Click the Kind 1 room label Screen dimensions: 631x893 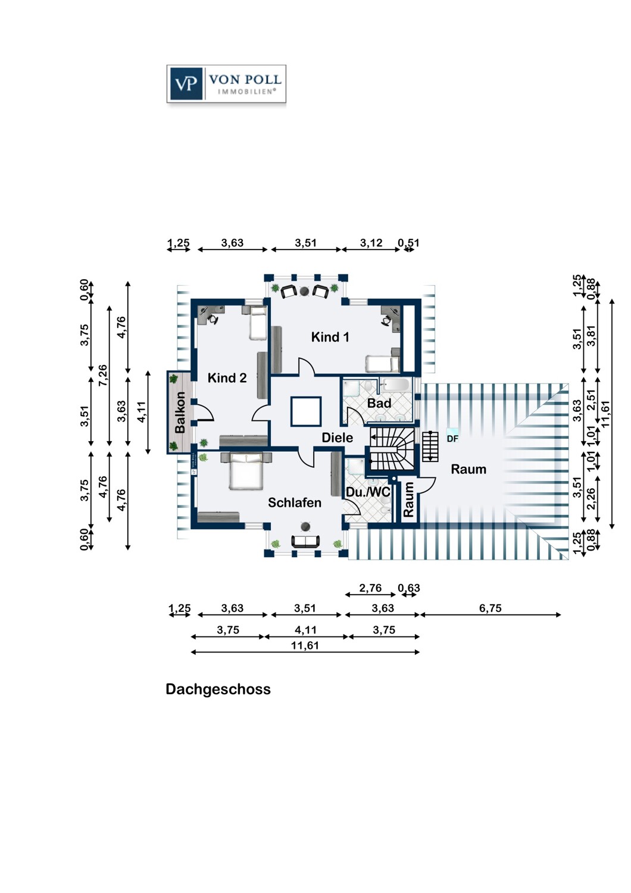330,338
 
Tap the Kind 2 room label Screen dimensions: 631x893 227,378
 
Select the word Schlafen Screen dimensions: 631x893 294,502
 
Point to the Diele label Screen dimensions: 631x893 337,438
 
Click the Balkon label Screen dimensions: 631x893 180,412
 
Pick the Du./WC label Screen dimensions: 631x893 367,492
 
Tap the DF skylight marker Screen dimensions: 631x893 452,439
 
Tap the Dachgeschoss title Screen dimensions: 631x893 218,689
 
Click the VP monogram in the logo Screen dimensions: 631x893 185,84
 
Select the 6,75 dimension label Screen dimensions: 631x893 491,608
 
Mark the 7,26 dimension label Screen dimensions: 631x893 103,375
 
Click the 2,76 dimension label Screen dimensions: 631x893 370,588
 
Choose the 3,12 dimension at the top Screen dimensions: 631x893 371,243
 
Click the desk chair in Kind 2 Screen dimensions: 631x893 213,319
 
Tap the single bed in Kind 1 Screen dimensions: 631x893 382,364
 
